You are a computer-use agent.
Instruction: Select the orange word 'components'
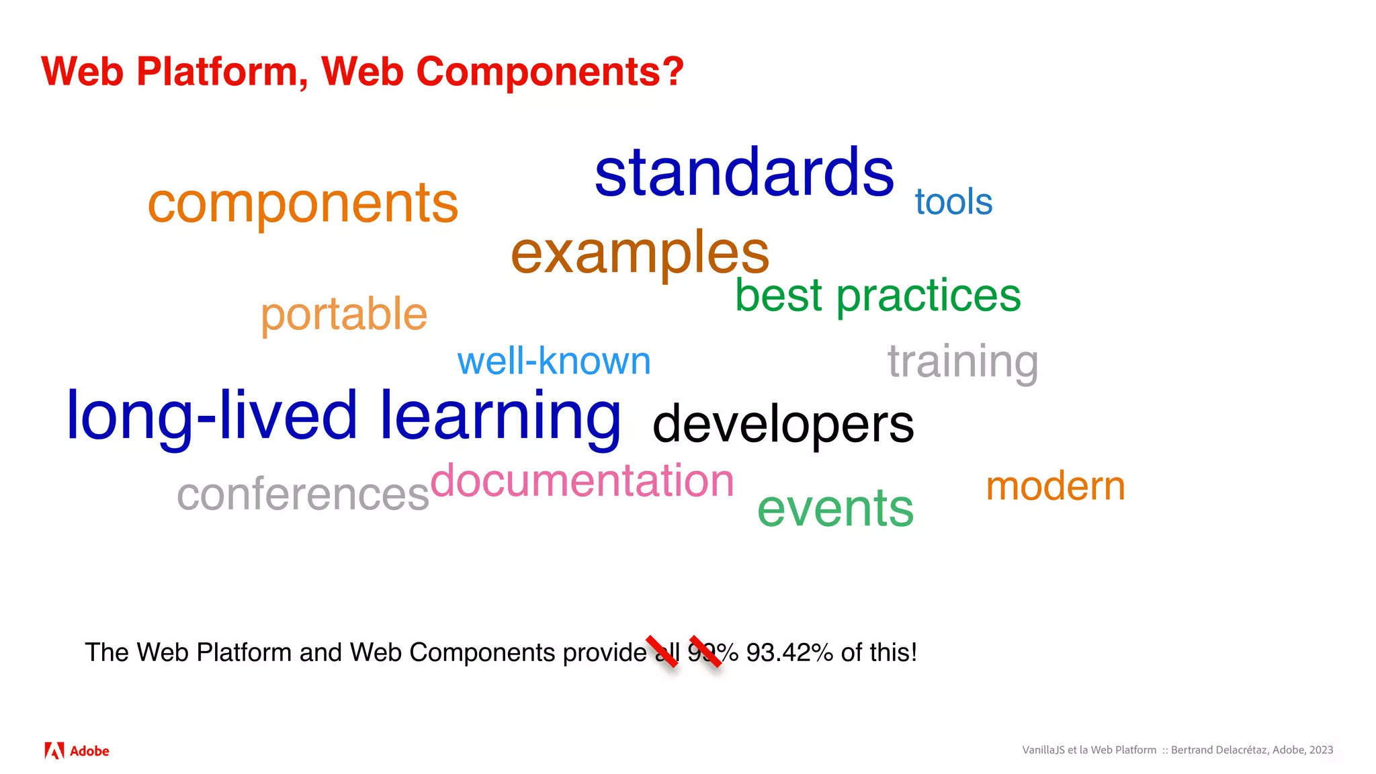click(302, 204)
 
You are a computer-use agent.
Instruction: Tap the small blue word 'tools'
click(953, 202)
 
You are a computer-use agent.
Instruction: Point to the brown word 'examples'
click(640, 253)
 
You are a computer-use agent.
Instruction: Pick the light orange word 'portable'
click(343, 314)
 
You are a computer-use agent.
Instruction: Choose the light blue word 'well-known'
click(554, 361)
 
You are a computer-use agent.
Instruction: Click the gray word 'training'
click(962, 361)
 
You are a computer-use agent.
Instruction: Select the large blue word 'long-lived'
click(212, 417)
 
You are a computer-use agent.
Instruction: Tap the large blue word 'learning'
click(501, 417)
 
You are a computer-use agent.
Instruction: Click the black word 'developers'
click(783, 424)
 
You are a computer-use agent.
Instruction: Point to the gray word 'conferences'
click(302, 494)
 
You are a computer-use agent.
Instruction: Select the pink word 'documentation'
click(582, 481)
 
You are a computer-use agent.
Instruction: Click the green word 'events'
click(835, 508)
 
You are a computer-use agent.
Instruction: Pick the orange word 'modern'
click(1055, 486)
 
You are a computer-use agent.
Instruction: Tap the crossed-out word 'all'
click(667, 652)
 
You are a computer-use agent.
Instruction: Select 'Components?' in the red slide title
click(550, 71)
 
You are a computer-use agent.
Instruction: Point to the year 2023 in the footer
click(1321, 750)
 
